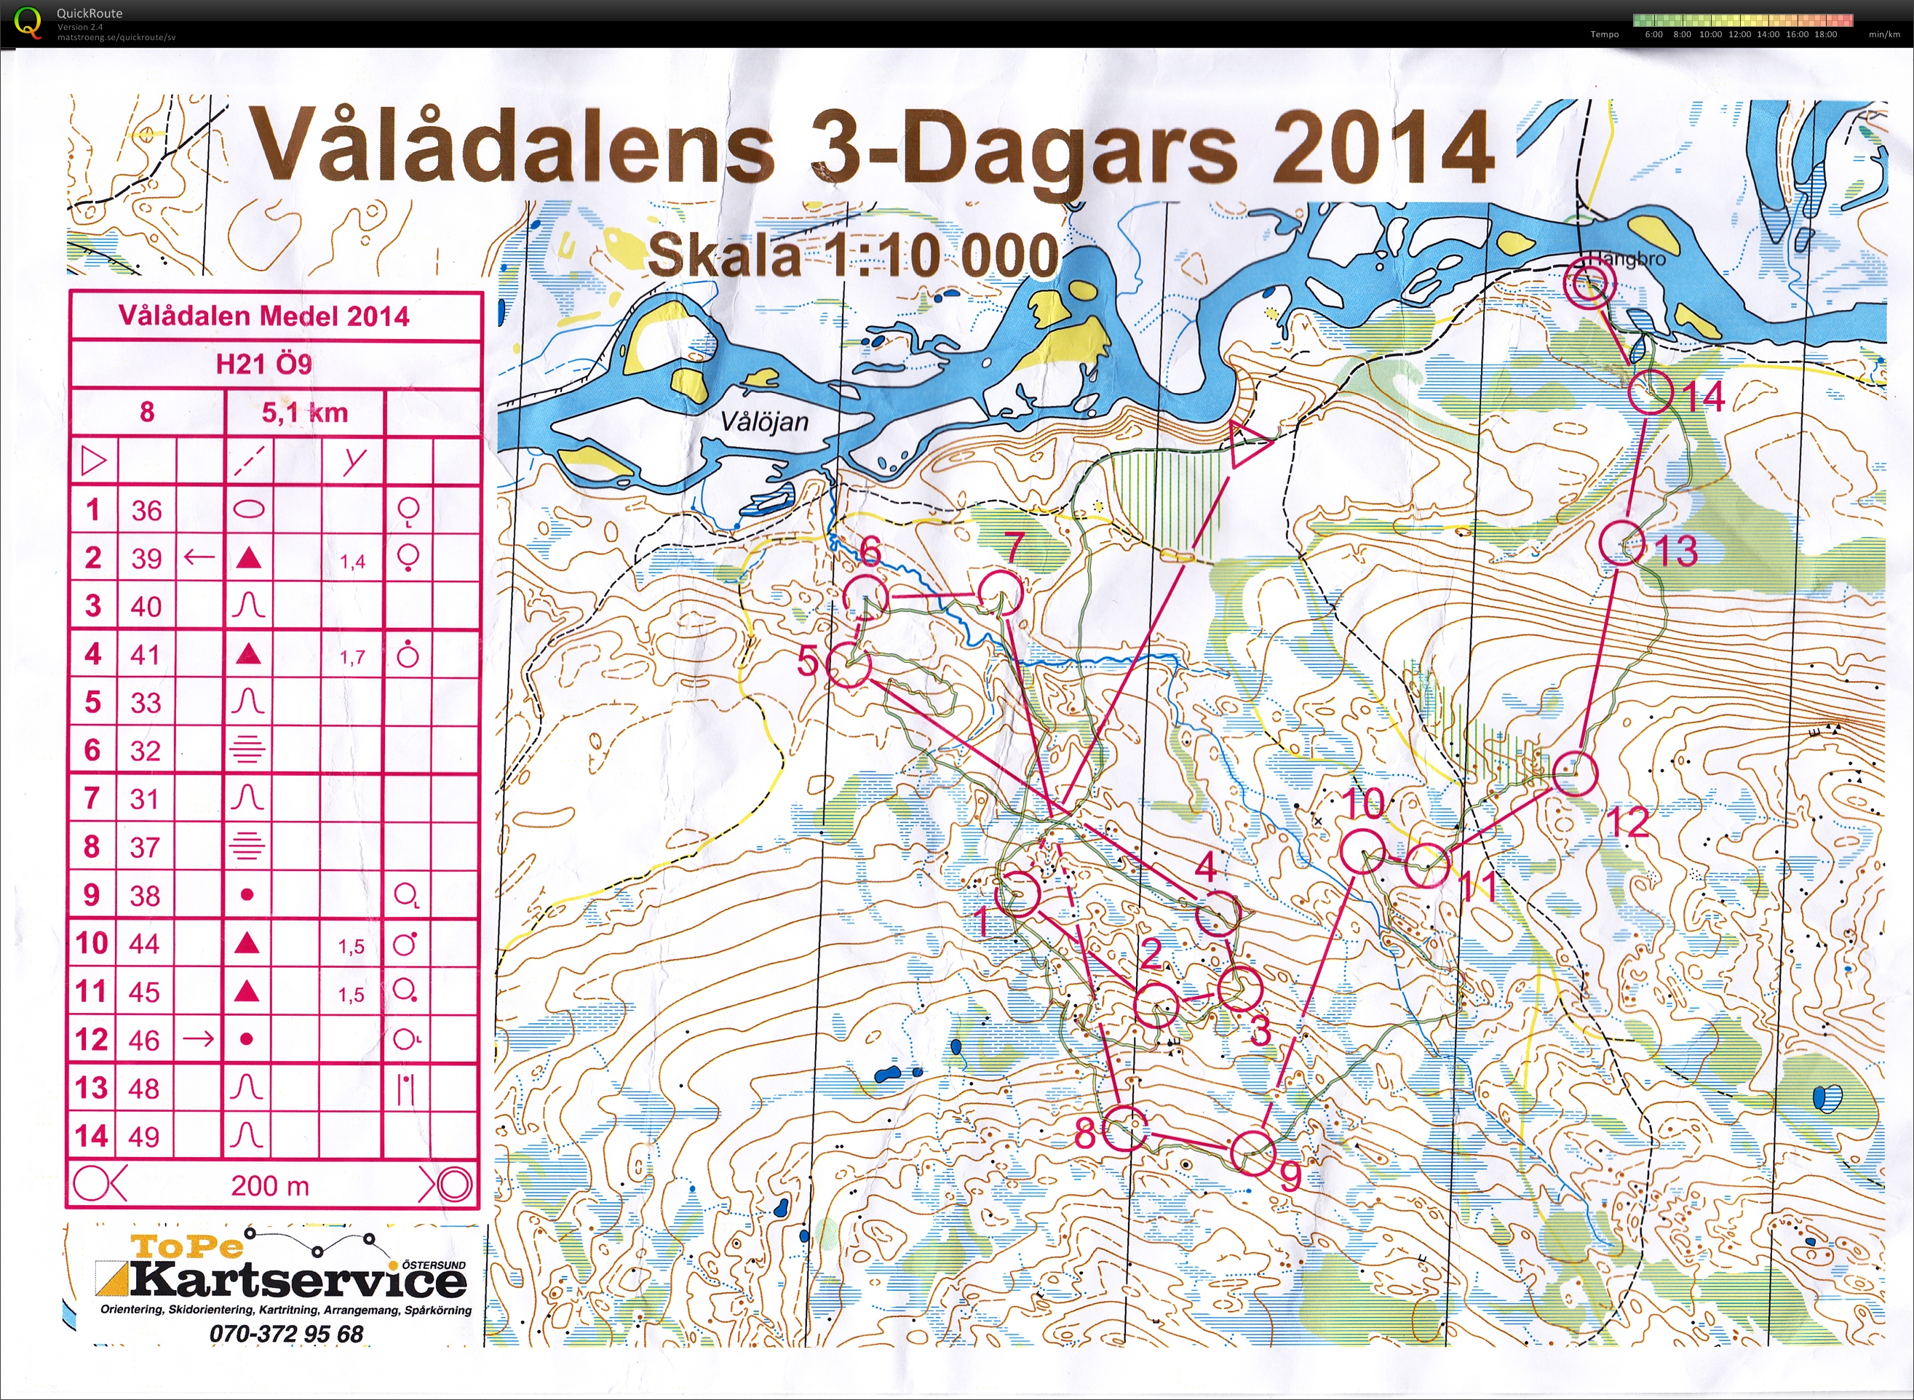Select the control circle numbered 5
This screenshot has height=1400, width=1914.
[x=848, y=665]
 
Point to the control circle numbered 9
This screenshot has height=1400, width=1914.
[x=1252, y=1153]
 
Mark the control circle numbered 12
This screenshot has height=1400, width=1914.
[x=1575, y=773]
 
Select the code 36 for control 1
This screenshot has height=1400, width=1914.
[x=146, y=510]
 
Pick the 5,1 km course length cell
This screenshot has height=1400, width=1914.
[x=304, y=413]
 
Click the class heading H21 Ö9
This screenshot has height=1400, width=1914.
[x=263, y=365]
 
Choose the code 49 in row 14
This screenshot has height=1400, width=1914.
[x=143, y=1136]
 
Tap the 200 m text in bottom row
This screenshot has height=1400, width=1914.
[x=269, y=1185]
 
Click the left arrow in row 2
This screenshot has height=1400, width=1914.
[x=199, y=557]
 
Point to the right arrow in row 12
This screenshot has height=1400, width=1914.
[x=199, y=1039]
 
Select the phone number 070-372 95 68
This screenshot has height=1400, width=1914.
[x=286, y=1334]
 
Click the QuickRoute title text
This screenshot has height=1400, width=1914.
[x=89, y=12]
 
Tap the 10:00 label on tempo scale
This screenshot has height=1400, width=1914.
[x=1710, y=35]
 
